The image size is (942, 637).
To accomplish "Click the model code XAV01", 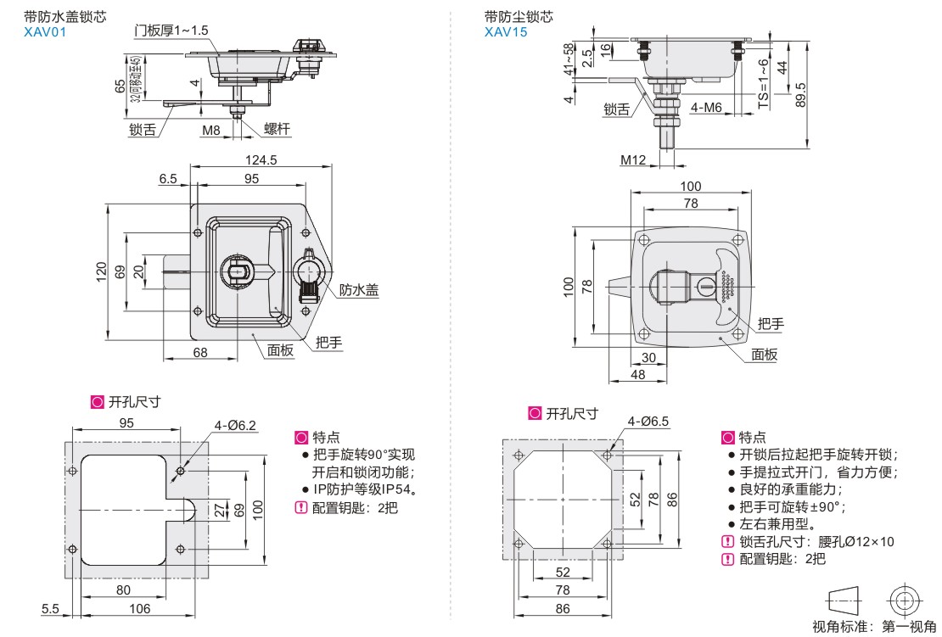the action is (45, 32).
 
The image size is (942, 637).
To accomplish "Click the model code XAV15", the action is (506, 32).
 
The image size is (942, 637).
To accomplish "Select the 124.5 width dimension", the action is (261, 160).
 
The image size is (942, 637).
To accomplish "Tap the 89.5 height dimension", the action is (799, 95).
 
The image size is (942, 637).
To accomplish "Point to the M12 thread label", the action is (633, 159).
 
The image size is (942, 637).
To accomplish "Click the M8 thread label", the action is (210, 130).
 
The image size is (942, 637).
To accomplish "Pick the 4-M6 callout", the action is (706, 108).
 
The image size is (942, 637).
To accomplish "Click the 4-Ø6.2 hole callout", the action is (235, 426).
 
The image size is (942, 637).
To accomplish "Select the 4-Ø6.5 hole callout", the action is (648, 422).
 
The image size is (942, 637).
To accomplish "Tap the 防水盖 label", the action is (359, 290).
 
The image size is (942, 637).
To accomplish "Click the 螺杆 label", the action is (277, 129).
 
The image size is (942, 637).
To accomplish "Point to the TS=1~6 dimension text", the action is (763, 83).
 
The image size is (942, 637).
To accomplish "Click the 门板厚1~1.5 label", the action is (171, 30).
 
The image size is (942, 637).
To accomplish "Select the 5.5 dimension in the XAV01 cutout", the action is (50, 609).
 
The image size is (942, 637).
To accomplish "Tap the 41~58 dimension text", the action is (569, 59).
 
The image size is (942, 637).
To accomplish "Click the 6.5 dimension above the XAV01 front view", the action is (168, 178).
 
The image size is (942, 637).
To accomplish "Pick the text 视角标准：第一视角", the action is (874, 627).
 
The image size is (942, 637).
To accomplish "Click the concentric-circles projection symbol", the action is (905, 600).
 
